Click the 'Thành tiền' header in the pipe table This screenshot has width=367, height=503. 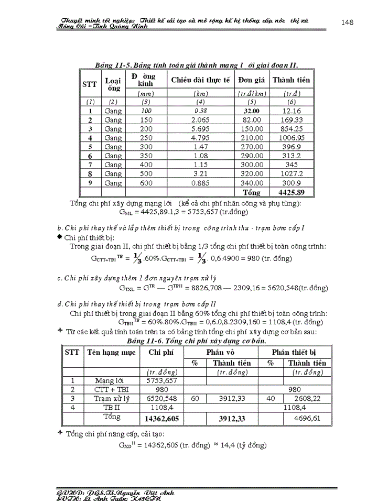pyautogui.click(x=291, y=80)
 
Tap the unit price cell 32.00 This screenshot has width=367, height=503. pyautogui.click(x=252, y=111)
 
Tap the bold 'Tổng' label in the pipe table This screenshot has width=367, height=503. pyautogui.click(x=252, y=192)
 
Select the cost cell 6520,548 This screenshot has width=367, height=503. pyautogui.click(x=161, y=399)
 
